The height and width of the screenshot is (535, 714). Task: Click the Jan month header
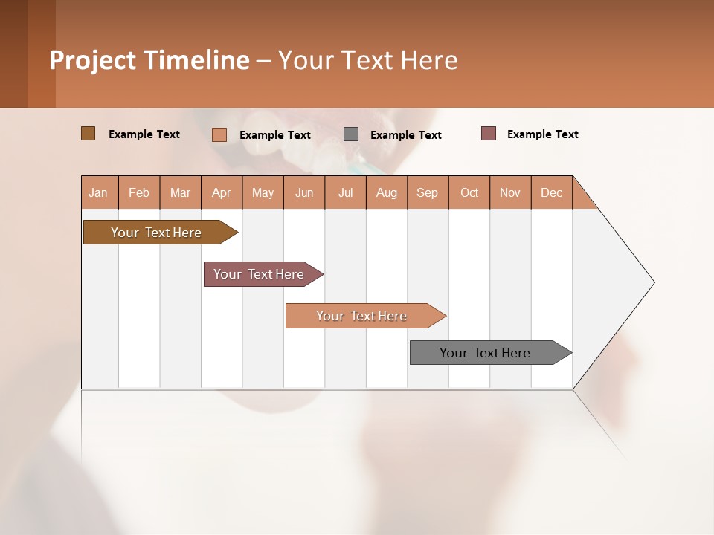pyautogui.click(x=98, y=193)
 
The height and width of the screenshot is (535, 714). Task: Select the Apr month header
pyautogui.click(x=222, y=193)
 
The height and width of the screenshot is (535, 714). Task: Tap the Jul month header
pyautogui.click(x=345, y=193)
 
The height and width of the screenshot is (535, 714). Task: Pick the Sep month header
pyautogui.click(x=427, y=193)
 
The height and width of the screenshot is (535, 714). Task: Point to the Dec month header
pyautogui.click(x=551, y=193)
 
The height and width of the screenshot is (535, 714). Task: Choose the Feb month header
pyautogui.click(x=139, y=193)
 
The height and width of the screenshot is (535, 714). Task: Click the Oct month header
pyautogui.click(x=469, y=193)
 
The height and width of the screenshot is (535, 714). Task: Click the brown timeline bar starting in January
pyautogui.click(x=156, y=233)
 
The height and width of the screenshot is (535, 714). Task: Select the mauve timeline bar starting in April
pyautogui.click(x=259, y=274)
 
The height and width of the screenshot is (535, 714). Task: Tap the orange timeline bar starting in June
pyautogui.click(x=361, y=316)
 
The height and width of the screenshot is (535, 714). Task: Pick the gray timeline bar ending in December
pyautogui.click(x=485, y=353)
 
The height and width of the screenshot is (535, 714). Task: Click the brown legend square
pyautogui.click(x=88, y=134)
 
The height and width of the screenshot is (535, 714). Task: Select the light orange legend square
pyautogui.click(x=219, y=134)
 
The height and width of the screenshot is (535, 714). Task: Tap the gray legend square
pyautogui.click(x=351, y=134)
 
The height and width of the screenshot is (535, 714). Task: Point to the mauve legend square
pyautogui.click(x=488, y=134)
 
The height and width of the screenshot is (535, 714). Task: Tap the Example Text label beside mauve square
pyautogui.click(x=542, y=134)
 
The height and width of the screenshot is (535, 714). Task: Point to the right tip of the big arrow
pyautogui.click(x=653, y=282)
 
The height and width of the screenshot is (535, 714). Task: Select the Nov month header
pyautogui.click(x=510, y=193)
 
